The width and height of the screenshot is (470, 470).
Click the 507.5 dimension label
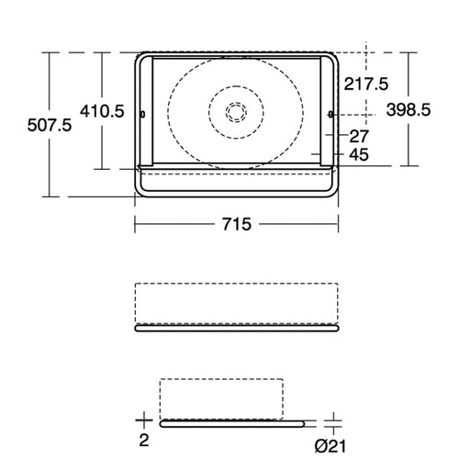pyautogui.click(x=50, y=126)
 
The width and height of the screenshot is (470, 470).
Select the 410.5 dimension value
pyautogui.click(x=102, y=111)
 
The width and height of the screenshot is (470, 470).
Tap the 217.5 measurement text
pyautogui.click(x=366, y=84)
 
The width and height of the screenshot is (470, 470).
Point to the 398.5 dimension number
pyautogui.click(x=408, y=109)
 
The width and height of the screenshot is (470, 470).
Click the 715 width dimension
pyautogui.click(x=237, y=224)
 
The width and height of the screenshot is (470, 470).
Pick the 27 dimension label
pyautogui.click(x=359, y=136)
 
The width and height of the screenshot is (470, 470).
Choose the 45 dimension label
pyautogui.click(x=359, y=154)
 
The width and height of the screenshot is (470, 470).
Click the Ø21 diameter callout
pyautogui.click(x=330, y=446)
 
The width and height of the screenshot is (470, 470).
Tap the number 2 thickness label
pyautogui.click(x=144, y=441)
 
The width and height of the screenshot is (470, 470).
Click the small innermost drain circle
pyautogui.click(x=236, y=111)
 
